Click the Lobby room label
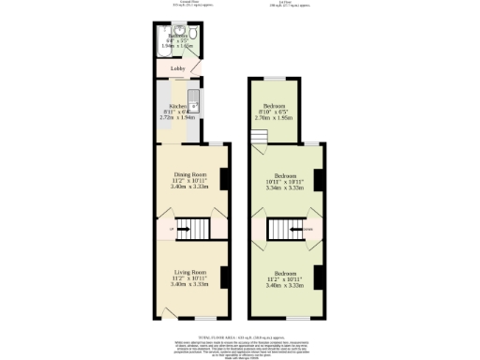pos(177,68)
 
